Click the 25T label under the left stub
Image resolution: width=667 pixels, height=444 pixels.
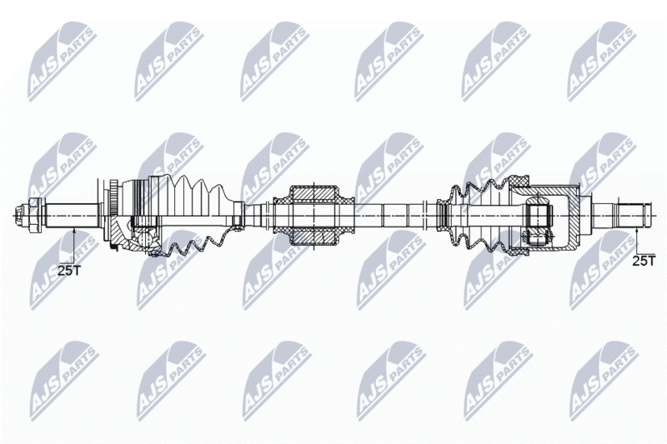click(68, 271)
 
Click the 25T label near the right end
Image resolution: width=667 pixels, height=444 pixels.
click(644, 261)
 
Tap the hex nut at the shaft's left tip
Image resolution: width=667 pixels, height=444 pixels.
click(29, 216)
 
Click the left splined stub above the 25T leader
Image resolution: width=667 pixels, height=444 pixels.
click(73, 216)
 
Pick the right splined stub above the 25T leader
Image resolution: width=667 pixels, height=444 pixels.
click(630, 216)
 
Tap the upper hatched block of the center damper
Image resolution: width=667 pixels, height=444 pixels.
click(313, 193)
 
